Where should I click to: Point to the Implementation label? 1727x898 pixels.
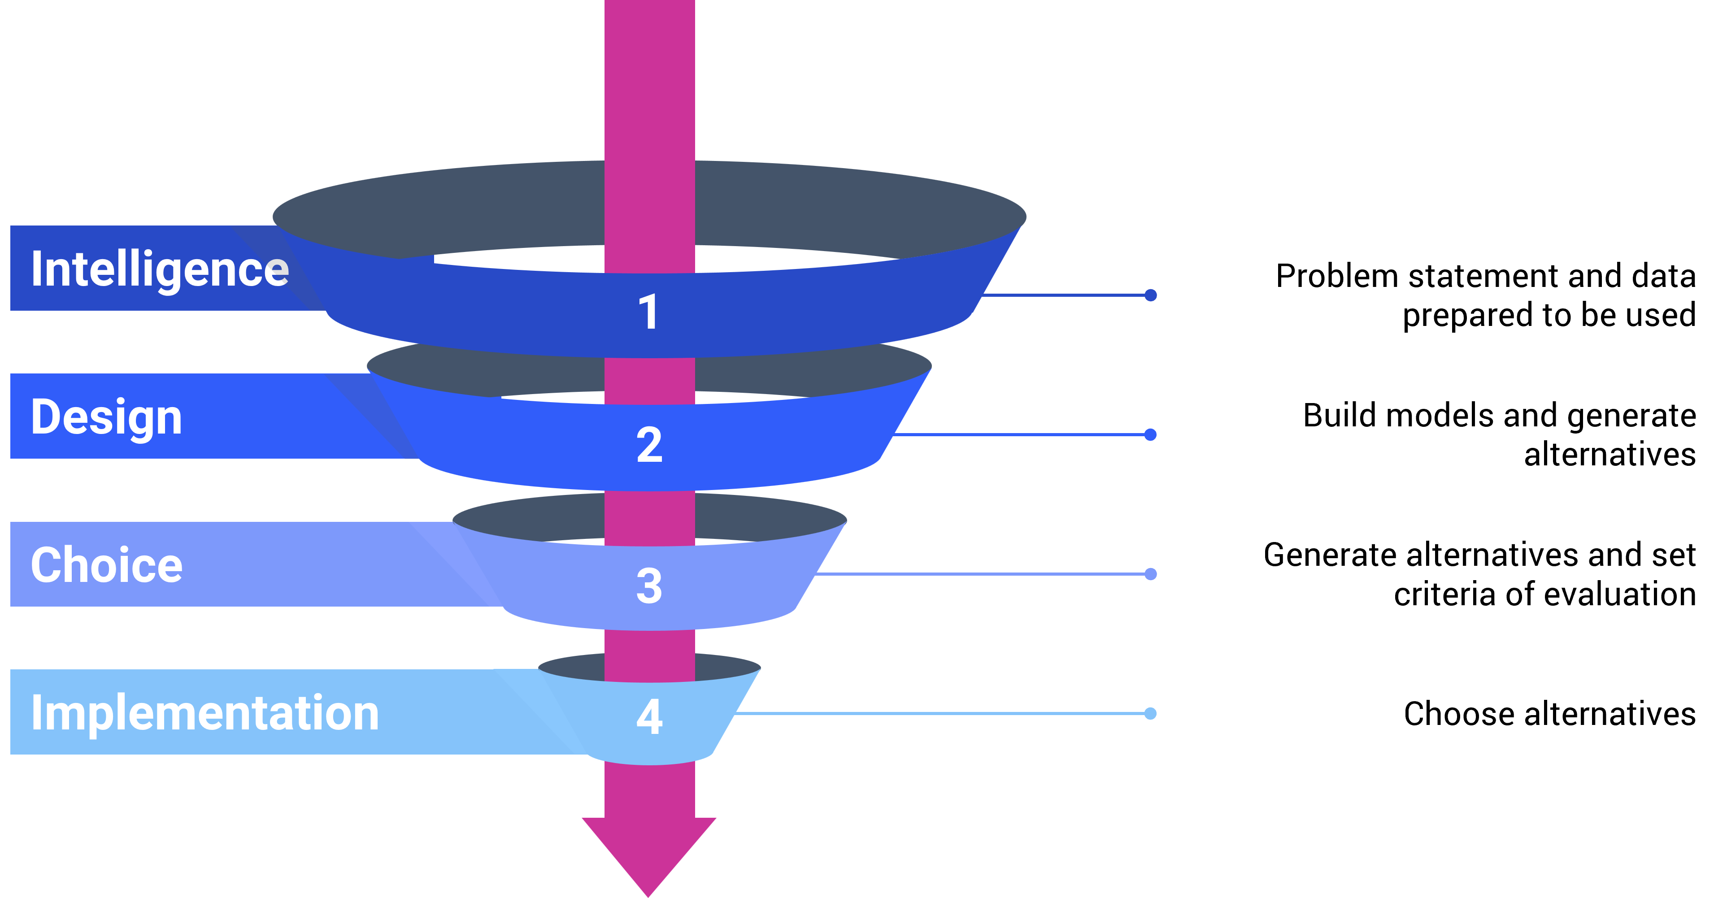tap(204, 712)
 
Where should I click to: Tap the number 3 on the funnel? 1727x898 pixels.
tap(649, 585)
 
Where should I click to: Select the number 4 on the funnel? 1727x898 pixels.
tap(649, 716)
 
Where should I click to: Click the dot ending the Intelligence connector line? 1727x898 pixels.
tap(1150, 295)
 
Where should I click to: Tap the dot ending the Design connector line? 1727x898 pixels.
tap(1150, 435)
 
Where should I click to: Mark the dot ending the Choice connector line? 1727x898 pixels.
tap(1150, 574)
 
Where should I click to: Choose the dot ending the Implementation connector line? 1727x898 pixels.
tap(1150, 713)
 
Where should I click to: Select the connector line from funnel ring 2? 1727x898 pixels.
tap(1019, 435)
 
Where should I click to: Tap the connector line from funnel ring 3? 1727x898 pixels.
tap(979, 574)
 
